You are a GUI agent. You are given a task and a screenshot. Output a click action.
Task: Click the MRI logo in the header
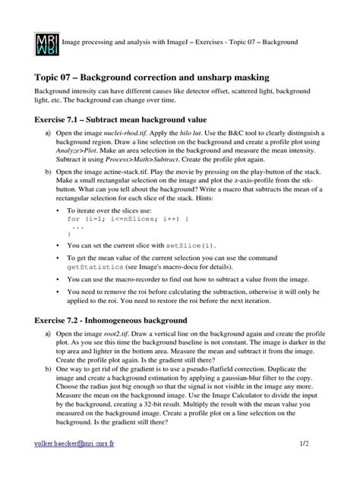tap(46, 43)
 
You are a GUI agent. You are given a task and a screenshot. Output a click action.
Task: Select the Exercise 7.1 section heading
tap(120, 119)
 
